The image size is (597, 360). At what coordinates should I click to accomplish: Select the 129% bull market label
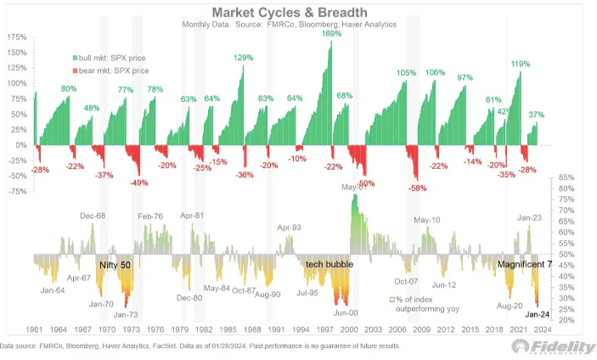pyautogui.click(x=244, y=58)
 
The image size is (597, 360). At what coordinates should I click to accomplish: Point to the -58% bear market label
pyautogui.click(x=417, y=188)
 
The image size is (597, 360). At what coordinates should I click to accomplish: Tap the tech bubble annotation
pyautogui.click(x=329, y=265)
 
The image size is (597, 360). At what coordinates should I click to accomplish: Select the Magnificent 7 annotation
pyautogui.click(x=525, y=265)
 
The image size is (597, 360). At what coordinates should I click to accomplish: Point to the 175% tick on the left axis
pyautogui.click(x=15, y=38)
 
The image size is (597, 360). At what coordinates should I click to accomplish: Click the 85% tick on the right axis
pyautogui.click(x=569, y=177)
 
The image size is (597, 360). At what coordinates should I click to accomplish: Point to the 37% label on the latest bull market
pyautogui.click(x=536, y=114)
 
